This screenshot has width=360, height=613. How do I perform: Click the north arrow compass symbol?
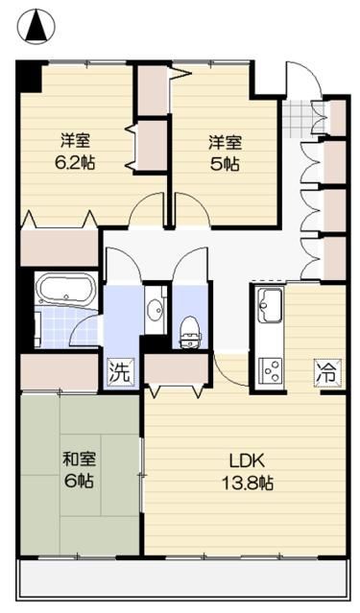(36, 27)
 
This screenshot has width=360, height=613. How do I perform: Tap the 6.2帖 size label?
(75, 163)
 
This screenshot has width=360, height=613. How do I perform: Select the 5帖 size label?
(225, 164)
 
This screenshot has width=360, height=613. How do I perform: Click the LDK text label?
(248, 461)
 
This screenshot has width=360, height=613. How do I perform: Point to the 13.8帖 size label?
(248, 483)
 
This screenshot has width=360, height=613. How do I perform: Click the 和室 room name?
(80, 459)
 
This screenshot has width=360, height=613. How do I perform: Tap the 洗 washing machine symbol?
(120, 373)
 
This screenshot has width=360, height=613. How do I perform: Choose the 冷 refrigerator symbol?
(327, 373)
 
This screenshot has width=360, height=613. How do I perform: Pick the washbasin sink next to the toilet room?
(155, 310)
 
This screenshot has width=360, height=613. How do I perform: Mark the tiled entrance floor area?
(300, 119)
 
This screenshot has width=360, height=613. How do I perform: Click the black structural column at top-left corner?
(29, 77)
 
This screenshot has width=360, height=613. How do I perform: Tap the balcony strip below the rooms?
(182, 578)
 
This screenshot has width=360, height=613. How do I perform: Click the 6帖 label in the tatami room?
(79, 481)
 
